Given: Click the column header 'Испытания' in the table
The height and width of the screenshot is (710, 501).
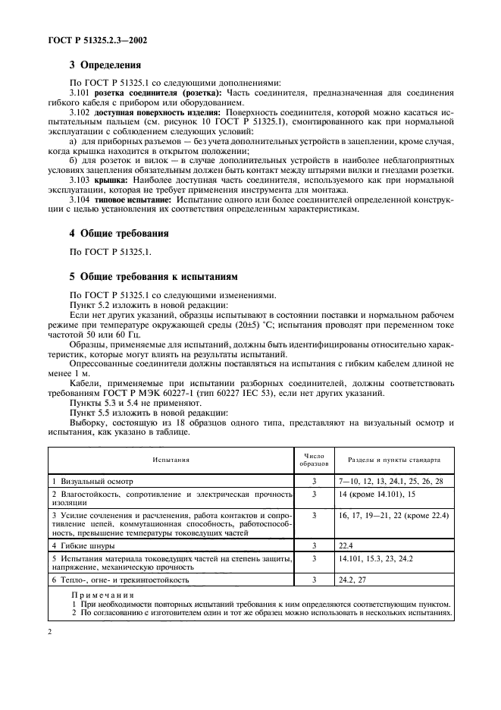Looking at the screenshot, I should click(x=171, y=460).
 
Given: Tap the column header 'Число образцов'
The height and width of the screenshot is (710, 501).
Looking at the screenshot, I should click(x=314, y=459).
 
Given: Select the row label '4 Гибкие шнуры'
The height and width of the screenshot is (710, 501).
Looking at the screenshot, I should click(x=80, y=545).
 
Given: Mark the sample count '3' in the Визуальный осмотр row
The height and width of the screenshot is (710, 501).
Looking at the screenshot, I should click(x=314, y=481).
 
